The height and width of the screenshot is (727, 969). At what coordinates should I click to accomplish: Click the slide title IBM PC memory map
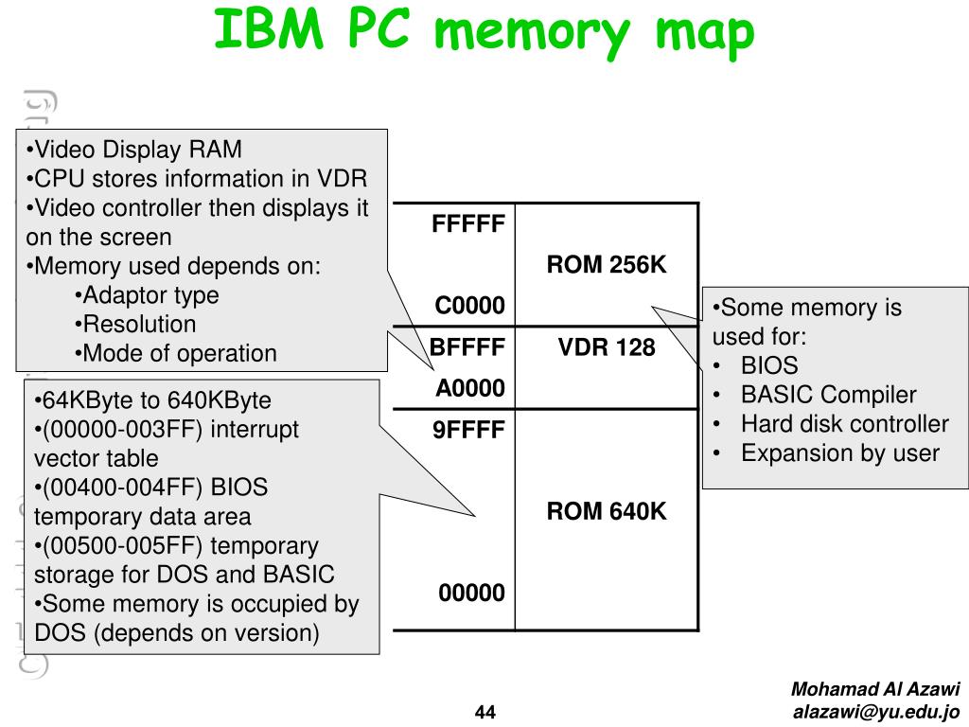(x=484, y=31)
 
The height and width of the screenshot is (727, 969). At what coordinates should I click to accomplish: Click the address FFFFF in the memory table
(x=468, y=225)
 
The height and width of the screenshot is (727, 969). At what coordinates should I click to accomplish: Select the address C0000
(x=469, y=306)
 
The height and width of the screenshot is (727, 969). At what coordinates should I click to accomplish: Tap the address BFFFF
(x=467, y=347)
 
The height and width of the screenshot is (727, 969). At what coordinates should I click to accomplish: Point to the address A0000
(x=469, y=388)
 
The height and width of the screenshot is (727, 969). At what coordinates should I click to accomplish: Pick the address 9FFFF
(x=468, y=431)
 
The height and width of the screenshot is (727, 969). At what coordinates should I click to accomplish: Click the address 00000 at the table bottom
(x=471, y=594)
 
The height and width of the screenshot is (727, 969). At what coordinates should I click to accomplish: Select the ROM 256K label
(x=607, y=265)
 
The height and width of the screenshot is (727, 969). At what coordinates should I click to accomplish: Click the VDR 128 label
(x=607, y=348)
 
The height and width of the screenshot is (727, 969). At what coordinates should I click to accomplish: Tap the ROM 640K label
(x=607, y=512)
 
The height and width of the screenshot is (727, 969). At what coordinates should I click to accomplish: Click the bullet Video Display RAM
(x=134, y=150)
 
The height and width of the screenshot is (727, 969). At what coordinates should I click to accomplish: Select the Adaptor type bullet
(x=147, y=295)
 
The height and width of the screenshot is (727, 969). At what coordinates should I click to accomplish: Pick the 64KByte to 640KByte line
(x=152, y=400)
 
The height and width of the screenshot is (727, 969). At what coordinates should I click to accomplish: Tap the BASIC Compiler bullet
(x=828, y=395)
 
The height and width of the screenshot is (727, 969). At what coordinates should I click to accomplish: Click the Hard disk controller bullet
(x=844, y=424)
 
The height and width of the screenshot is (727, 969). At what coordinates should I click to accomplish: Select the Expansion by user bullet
(x=839, y=453)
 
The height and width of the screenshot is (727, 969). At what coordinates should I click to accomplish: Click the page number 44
(x=484, y=713)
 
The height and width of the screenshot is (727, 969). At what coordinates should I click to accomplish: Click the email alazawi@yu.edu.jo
(x=876, y=713)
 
